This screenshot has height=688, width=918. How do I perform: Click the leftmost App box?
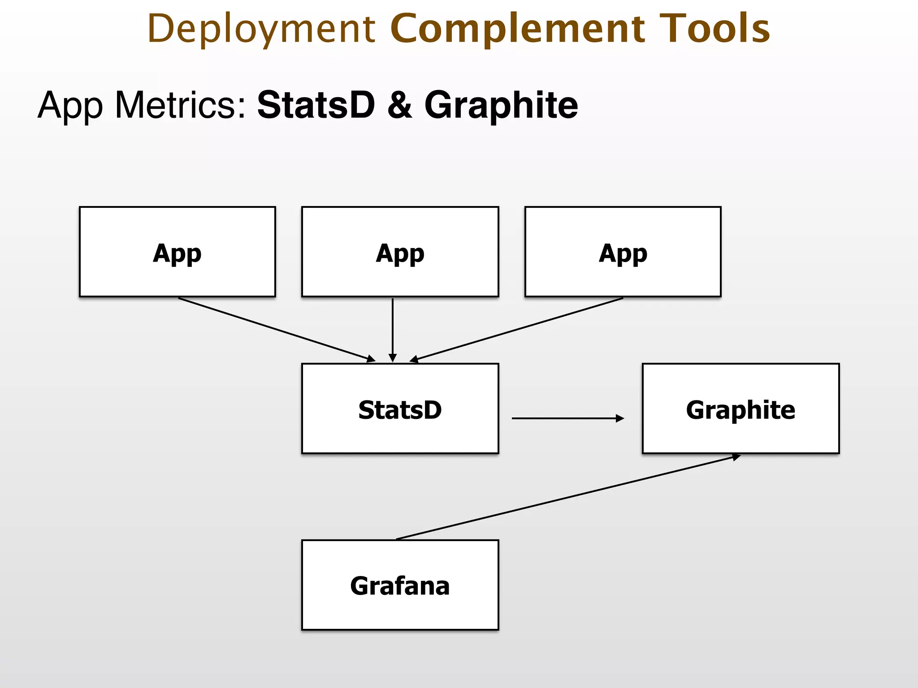178,252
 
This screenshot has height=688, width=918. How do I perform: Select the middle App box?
400,252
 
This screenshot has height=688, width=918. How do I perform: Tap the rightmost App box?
623,252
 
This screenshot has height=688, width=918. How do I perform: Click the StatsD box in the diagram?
400,408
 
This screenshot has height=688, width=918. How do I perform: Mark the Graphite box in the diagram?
740,408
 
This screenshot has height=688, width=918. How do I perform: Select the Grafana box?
400,585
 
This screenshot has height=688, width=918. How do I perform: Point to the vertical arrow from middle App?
393,329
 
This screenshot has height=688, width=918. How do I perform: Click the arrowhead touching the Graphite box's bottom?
735,457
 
